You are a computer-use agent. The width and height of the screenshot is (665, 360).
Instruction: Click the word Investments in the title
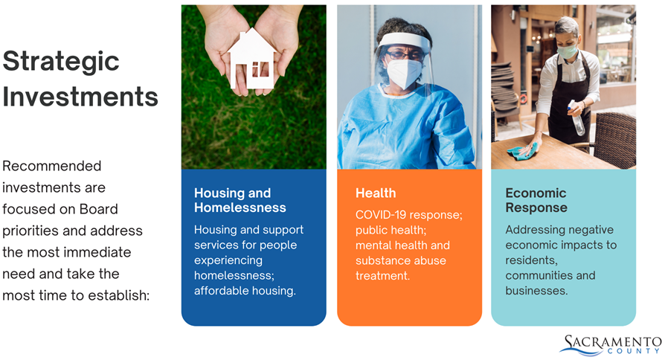click(80, 96)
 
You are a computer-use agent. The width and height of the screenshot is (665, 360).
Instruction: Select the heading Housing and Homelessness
click(240, 200)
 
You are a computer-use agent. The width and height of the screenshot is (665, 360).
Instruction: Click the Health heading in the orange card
click(376, 193)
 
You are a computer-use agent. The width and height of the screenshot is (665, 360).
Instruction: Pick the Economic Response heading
click(536, 200)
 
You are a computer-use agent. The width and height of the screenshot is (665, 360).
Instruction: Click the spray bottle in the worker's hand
click(576, 118)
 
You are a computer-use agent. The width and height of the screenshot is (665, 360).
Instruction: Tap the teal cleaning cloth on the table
click(522, 152)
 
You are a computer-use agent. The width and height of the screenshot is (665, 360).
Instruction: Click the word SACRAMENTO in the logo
click(613, 341)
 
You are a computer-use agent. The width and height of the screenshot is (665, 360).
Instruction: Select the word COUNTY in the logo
click(634, 351)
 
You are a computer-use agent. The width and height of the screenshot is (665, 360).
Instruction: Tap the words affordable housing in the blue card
click(245, 291)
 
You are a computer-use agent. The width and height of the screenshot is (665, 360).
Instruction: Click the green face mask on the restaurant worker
click(567, 51)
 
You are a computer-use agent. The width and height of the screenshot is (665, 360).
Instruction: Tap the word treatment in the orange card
click(382, 276)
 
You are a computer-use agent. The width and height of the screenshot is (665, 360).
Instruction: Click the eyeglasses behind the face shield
click(405, 55)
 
